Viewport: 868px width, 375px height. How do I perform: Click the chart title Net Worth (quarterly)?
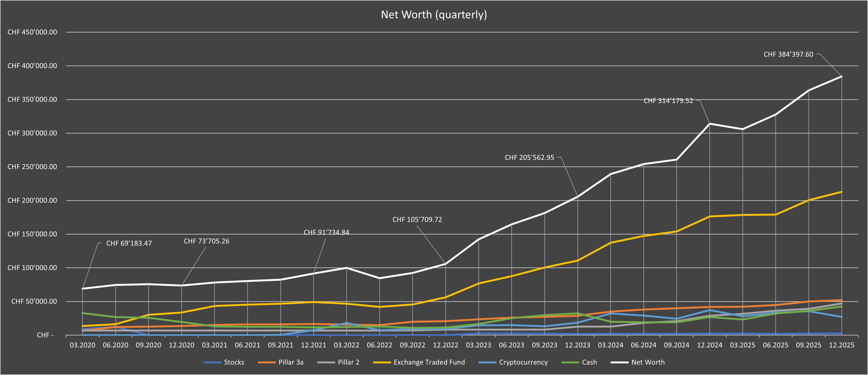tap(434, 14)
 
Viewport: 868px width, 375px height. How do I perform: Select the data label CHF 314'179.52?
tap(668, 101)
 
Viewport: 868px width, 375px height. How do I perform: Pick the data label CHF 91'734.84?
tap(326, 232)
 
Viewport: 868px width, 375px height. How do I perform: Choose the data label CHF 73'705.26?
tap(206, 241)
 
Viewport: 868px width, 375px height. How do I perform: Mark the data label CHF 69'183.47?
tap(129, 243)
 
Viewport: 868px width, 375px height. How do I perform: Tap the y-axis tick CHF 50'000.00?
tap(34, 301)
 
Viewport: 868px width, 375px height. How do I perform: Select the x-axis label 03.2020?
tap(82, 345)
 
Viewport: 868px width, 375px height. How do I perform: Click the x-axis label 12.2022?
tap(445, 345)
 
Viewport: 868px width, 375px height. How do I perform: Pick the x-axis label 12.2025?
tap(841, 345)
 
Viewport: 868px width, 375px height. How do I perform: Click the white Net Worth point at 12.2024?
tap(710, 123)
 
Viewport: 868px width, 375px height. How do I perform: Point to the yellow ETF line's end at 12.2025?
tap(841, 192)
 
